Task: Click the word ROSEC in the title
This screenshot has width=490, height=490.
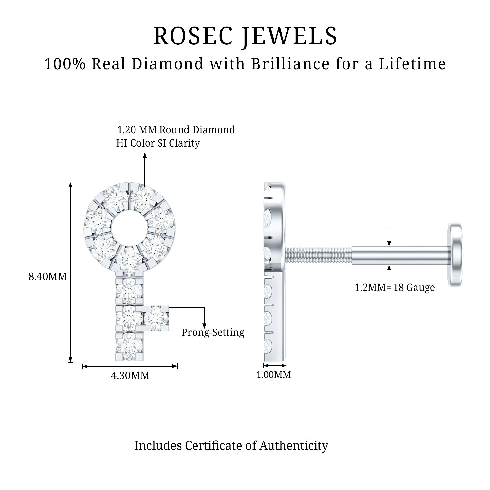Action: (193, 36)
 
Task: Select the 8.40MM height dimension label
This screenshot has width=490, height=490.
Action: (48, 276)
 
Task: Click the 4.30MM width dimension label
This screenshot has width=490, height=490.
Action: (130, 375)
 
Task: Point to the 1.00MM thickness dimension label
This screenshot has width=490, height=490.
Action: (273, 374)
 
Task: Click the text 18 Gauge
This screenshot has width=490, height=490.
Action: (414, 287)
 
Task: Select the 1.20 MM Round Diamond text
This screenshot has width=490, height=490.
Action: (176, 130)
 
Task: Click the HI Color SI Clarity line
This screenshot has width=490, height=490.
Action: (158, 143)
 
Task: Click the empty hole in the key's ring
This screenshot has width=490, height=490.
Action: (129, 228)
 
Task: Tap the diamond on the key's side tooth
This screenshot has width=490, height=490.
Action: (156, 318)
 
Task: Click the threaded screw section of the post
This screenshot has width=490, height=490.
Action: (318, 255)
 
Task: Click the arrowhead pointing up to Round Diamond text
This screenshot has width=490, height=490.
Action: (145, 155)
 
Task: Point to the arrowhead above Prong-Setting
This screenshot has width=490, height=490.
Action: (204, 326)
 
